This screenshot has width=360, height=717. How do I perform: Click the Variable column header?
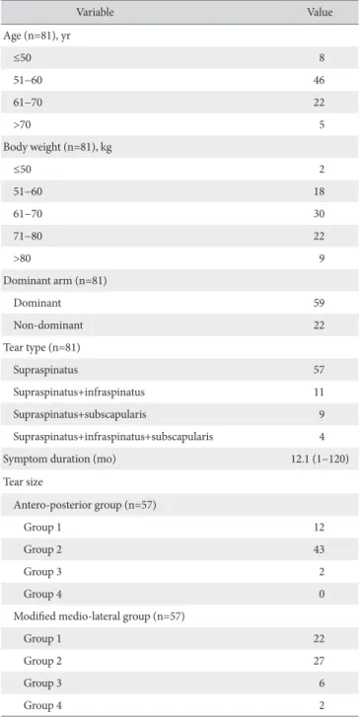[95, 13]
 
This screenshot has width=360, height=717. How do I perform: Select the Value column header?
[320, 13]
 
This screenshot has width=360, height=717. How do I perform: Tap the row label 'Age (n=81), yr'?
[36, 36]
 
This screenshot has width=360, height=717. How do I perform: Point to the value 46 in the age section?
[320, 80]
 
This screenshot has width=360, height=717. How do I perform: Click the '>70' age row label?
[23, 124]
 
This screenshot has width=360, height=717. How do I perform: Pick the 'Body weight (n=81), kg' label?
[52, 147]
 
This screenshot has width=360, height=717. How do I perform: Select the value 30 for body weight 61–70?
[320, 214]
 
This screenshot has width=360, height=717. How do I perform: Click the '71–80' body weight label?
[28, 237]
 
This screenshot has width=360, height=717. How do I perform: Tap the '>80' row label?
[23, 258]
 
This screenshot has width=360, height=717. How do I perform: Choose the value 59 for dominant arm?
[320, 303]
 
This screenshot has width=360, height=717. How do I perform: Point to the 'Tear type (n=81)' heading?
[42, 348]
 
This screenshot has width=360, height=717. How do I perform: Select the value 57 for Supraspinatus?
[320, 371]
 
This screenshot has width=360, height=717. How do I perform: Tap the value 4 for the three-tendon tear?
[323, 437]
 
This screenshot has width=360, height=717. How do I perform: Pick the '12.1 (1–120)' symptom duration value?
[317, 460]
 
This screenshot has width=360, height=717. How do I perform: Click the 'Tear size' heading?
[23, 481]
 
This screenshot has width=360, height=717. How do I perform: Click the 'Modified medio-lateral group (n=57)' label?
[99, 616]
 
